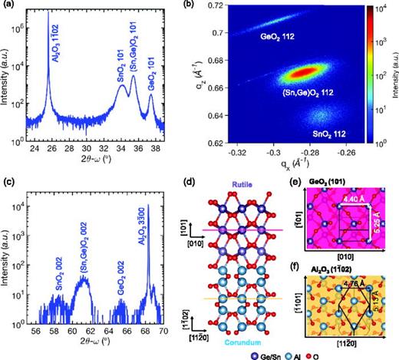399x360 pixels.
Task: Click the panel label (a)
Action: click(8, 6)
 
